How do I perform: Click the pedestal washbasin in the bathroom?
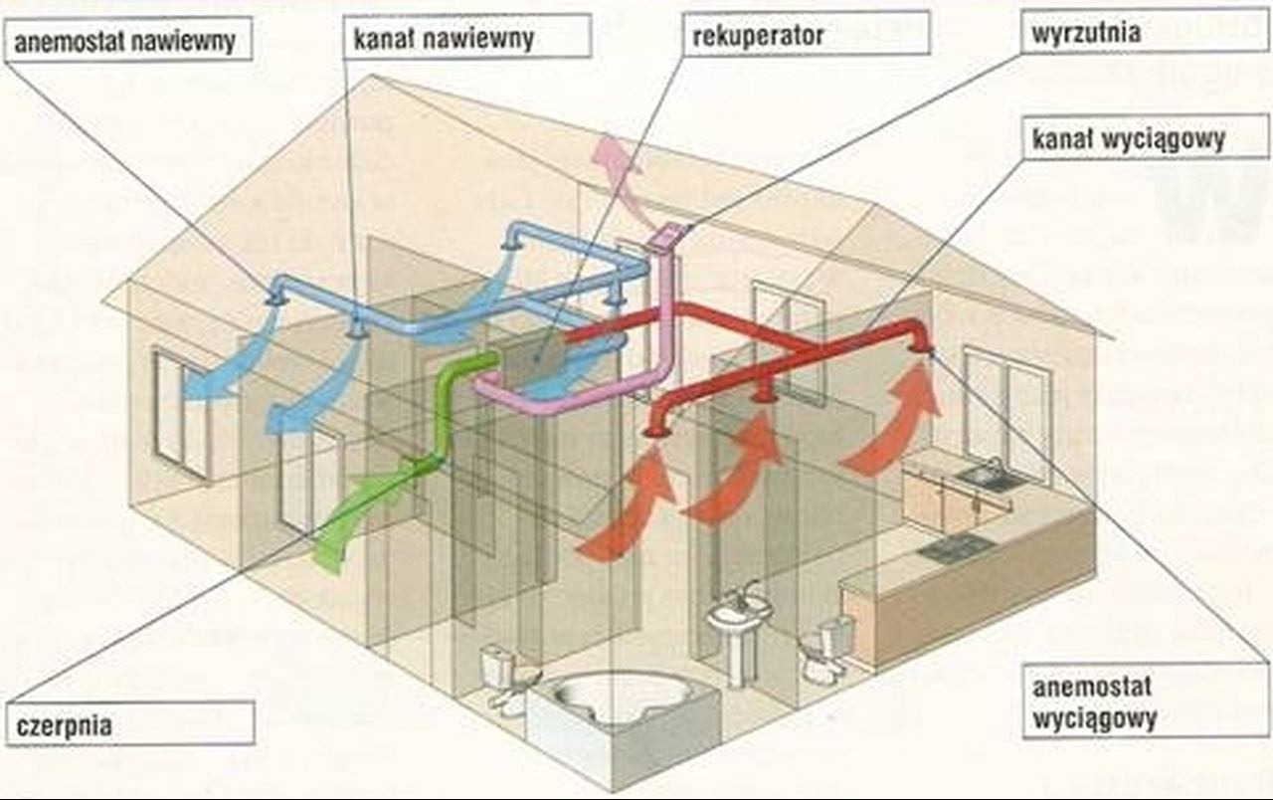tap(738, 627)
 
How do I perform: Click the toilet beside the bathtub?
tap(504, 677)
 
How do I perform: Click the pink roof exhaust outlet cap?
tap(669, 235)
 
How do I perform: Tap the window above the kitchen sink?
tap(1004, 398)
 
